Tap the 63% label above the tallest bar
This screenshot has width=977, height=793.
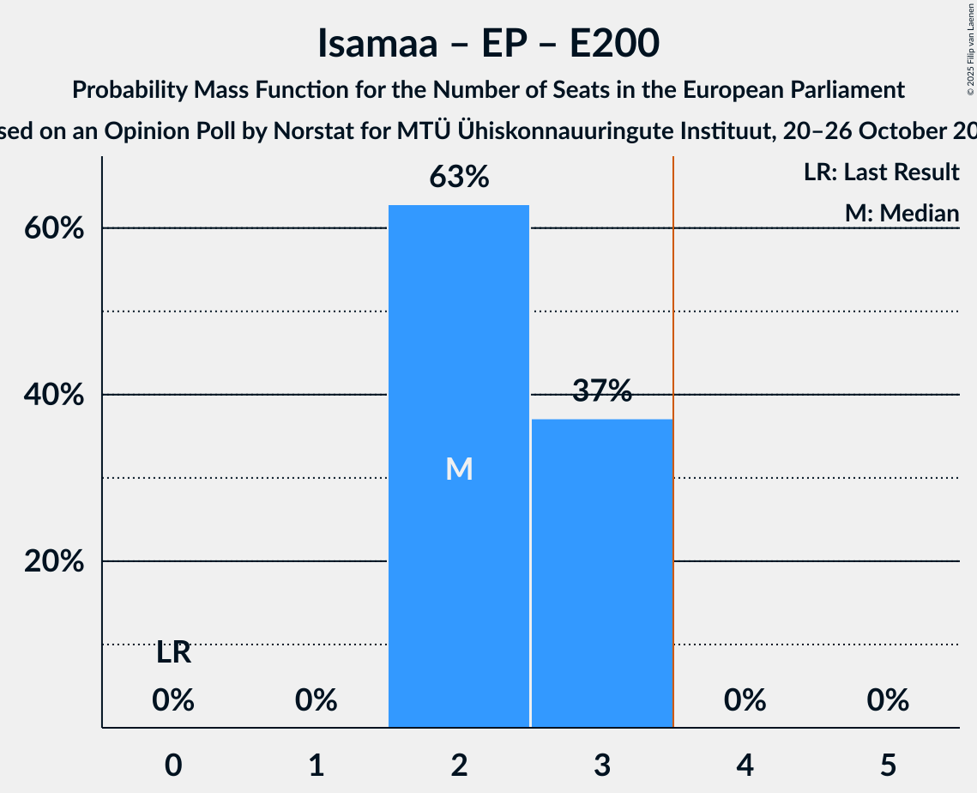coord(459,178)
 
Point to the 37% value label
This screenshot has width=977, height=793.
coord(601,391)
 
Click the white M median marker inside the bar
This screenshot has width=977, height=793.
coord(459,469)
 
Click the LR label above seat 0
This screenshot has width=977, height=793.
coord(173,653)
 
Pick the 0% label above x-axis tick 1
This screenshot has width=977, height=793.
coord(316,700)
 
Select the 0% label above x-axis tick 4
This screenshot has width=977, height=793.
coord(744,700)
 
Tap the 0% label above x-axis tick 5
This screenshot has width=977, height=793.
coord(887,700)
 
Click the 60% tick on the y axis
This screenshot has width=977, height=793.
coord(59,229)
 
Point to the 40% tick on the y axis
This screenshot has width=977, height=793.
coord(59,396)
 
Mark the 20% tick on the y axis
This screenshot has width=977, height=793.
coord(59,562)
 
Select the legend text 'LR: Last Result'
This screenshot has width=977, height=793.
coord(881,173)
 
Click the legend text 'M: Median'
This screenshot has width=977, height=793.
coord(902,213)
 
